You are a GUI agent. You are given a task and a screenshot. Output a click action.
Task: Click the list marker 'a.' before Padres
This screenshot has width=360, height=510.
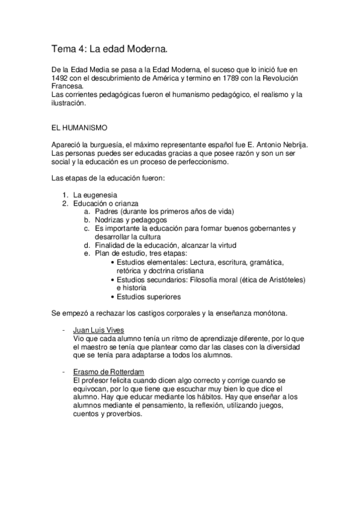[88, 212]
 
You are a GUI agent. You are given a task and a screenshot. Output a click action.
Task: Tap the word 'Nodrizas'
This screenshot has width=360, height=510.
[109, 220]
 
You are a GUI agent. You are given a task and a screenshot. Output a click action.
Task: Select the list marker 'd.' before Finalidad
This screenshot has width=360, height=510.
[88, 245]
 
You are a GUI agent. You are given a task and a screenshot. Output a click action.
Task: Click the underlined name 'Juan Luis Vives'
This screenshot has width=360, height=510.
[99, 330]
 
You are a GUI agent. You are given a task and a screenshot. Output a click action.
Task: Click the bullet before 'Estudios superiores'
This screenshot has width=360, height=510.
[114, 296]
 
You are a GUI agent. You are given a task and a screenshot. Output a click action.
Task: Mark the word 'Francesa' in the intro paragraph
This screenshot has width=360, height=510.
[67, 87]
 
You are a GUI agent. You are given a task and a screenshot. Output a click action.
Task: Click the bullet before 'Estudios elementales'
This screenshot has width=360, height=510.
[114, 262]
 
